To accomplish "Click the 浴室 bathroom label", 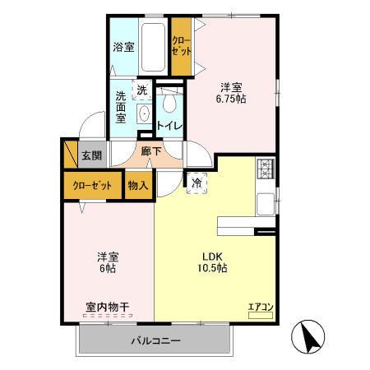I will tap(123, 47).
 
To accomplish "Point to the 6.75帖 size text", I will tap(232, 98).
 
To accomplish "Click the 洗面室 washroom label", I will tap(122, 107).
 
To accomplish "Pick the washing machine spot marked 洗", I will tap(142, 90).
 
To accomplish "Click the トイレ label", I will tap(169, 126).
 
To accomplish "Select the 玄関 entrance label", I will tap(91, 155).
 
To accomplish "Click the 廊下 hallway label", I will tap(150, 151).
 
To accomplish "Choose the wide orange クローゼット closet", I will tap(92, 185).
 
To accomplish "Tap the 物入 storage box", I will tap(138, 185).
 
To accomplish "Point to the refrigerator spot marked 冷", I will tap(197, 183).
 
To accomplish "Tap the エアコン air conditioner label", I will tap(261, 307).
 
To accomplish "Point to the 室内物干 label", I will tap(107, 308).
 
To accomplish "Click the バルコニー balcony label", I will tap(155, 340).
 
